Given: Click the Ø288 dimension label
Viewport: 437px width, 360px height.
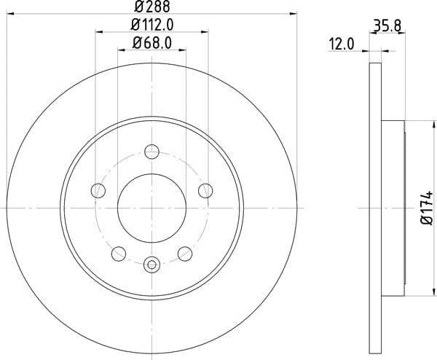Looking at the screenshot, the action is pyautogui.click(x=152, y=7).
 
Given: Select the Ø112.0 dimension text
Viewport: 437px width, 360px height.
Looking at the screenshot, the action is pyautogui.click(x=152, y=25).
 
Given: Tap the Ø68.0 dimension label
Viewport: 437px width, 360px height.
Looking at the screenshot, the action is pyautogui.click(x=152, y=43).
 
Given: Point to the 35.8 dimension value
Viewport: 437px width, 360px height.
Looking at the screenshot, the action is pyautogui.click(x=387, y=26).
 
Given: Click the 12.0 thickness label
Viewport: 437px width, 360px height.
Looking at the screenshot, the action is pyautogui.click(x=342, y=44).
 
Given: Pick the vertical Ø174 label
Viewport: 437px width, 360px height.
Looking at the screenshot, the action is pyautogui.click(x=426, y=208).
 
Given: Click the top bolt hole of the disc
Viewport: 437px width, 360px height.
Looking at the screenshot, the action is pyautogui.click(x=152, y=152).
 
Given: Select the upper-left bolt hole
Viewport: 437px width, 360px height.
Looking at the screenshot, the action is pyautogui.click(x=98, y=191).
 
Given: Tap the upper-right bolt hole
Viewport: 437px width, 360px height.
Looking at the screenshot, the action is pyautogui.click(x=205, y=191).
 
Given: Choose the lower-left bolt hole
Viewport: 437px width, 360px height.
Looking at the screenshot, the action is pyautogui.click(x=119, y=254).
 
